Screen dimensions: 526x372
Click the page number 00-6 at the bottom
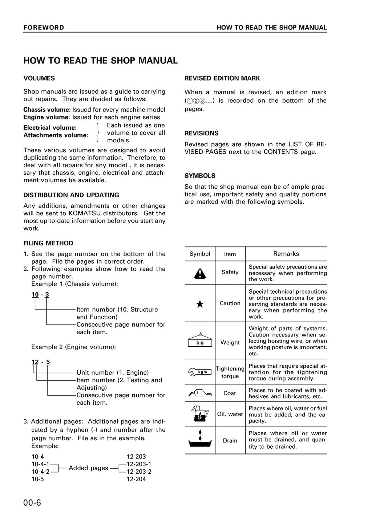[32, 503]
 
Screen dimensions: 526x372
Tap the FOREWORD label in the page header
[44, 28]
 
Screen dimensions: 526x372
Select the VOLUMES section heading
[39, 78]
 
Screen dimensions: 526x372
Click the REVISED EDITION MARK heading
[222, 78]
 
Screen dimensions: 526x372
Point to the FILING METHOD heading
[48, 243]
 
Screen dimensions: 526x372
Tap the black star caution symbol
[200, 304]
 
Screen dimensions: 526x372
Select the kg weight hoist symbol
[200, 340]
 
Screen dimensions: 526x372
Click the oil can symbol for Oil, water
[200, 414]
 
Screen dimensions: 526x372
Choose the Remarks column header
[286, 254]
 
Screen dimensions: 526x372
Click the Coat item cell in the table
[230, 393]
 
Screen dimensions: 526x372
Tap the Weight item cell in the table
[230, 342]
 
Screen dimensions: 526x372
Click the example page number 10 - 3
[40, 294]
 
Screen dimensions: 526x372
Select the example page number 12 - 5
[41, 362]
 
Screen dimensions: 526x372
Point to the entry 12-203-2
[139, 472]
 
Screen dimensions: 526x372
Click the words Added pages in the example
[88, 468]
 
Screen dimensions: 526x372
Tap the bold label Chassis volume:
[47, 110]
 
